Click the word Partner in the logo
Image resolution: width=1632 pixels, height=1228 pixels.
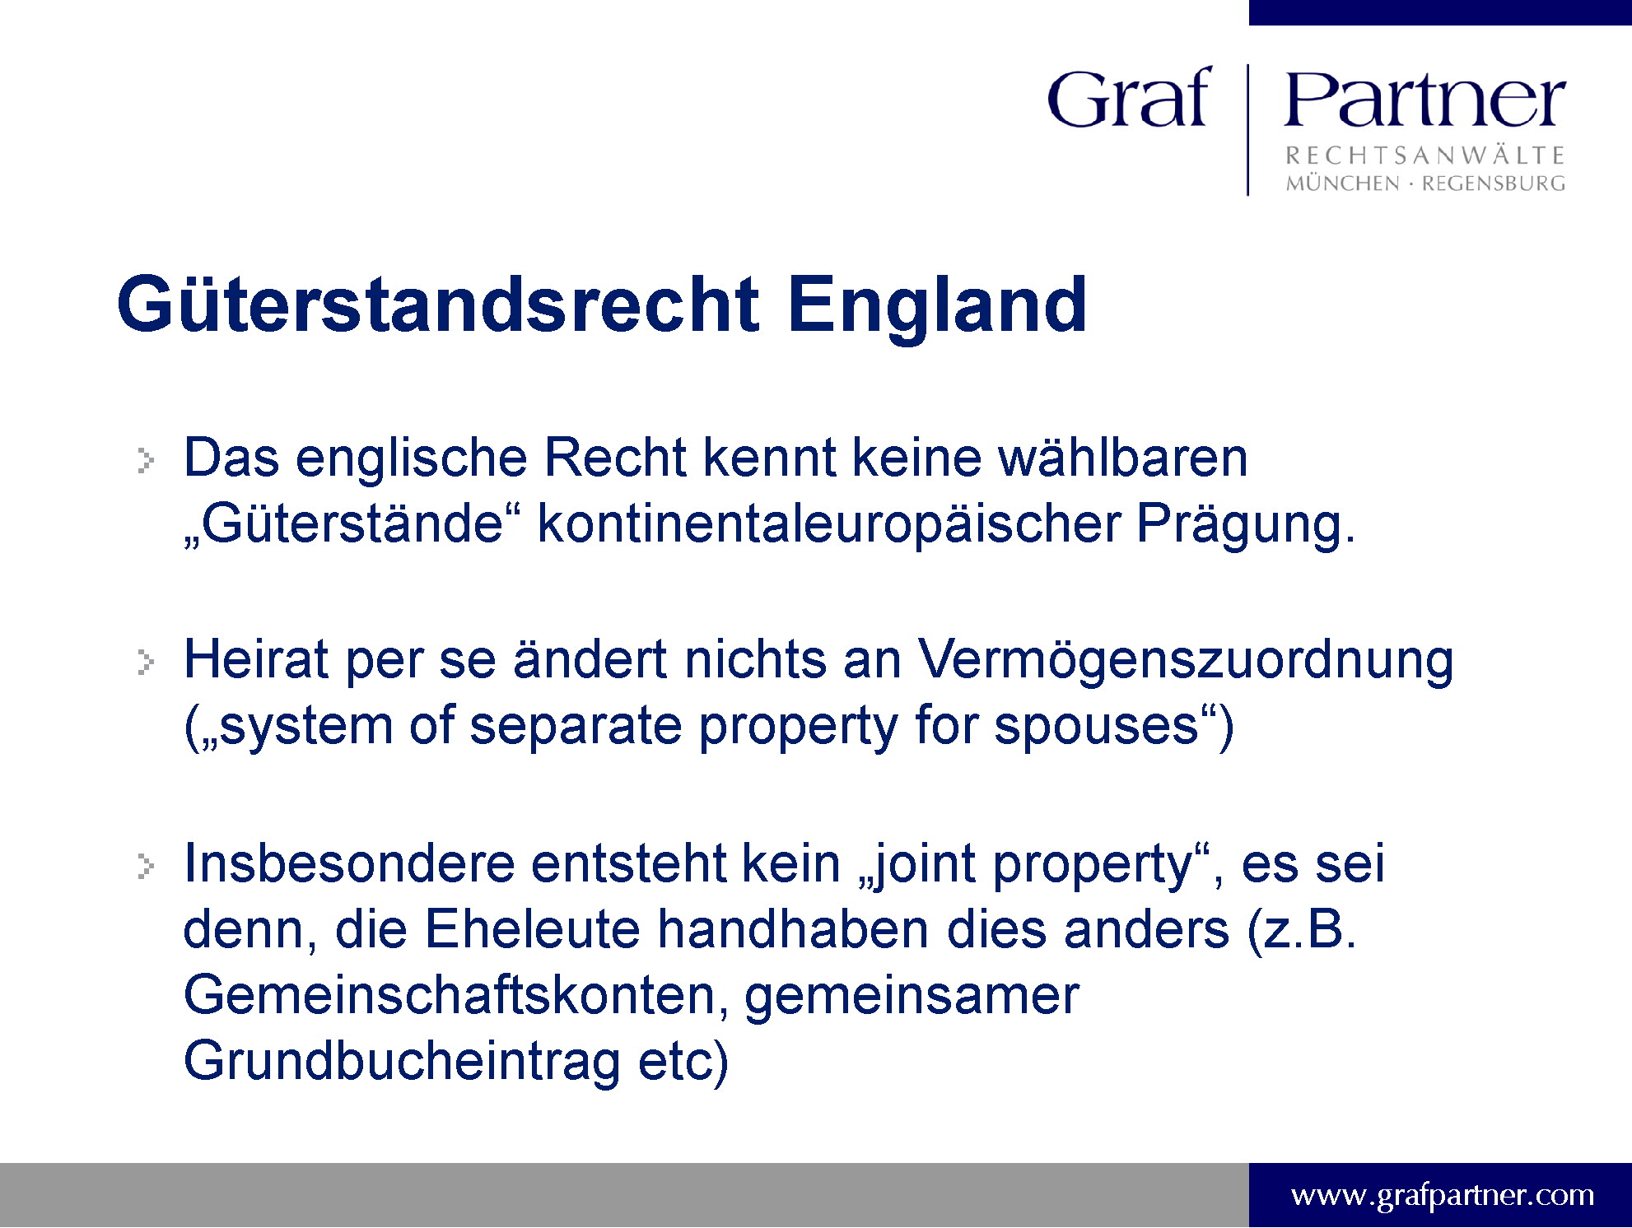point(1425,99)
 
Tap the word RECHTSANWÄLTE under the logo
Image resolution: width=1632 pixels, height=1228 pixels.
point(1425,155)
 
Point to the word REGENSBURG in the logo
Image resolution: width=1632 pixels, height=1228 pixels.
point(1494,184)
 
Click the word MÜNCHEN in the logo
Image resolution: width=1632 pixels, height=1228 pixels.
point(1342,183)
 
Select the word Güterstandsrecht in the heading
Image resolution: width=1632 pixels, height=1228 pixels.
point(438,305)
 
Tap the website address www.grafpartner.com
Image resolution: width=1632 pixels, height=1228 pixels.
point(1443,1194)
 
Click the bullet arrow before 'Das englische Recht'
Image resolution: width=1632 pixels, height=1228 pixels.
point(146,461)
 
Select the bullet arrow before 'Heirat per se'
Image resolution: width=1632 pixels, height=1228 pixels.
point(146,663)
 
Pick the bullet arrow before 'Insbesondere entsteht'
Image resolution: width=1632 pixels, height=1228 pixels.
point(146,866)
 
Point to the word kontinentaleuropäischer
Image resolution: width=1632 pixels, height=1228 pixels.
point(829,525)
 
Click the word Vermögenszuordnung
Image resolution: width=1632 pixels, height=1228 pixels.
point(1186,661)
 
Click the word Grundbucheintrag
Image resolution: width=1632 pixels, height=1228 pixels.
point(403,1063)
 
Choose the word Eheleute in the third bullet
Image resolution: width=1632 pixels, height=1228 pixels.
point(532,930)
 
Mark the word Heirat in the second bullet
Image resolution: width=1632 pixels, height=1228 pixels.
point(256,661)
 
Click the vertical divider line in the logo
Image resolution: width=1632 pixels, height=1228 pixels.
point(1248,130)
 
